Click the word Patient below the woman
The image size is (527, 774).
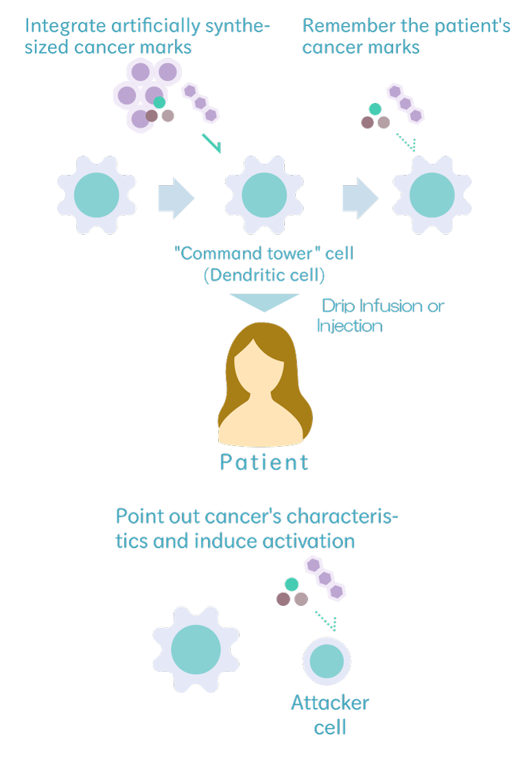click(264, 462)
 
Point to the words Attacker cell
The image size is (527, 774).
click(330, 714)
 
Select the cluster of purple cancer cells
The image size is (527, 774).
click(146, 94)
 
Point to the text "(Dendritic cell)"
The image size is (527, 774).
click(264, 275)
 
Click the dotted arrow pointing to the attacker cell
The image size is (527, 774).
click(327, 620)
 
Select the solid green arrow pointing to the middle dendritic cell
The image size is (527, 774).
click(211, 143)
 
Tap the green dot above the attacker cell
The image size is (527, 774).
click(292, 584)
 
